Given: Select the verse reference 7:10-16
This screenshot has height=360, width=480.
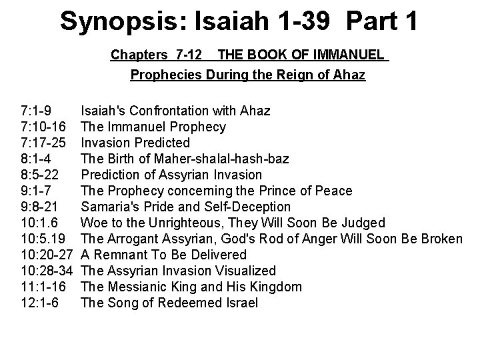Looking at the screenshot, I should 44,127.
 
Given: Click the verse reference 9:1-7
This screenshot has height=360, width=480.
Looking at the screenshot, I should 37,191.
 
